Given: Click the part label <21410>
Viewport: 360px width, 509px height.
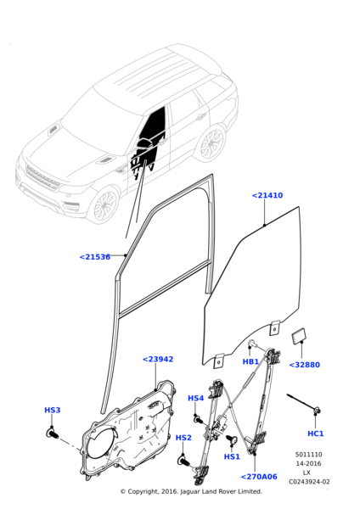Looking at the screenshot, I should tap(267, 195).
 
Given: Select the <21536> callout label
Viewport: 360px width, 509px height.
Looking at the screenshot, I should tap(95, 257).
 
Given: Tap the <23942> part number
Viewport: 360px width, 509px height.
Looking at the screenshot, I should tap(158, 359).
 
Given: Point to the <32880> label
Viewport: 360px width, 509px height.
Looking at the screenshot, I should tap(304, 365).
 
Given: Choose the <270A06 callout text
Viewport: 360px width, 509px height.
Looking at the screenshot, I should tap(258, 477).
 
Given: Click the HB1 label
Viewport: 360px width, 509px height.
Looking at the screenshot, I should tap(250, 361).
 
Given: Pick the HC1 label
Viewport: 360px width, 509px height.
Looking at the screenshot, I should tap(316, 433).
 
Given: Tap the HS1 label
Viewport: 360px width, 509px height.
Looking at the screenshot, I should tap(232, 456).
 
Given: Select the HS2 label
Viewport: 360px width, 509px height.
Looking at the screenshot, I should tap(183, 438).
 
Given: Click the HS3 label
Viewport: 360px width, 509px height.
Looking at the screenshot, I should tap(53, 411).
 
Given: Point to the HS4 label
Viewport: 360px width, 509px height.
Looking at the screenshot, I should tap(196, 398).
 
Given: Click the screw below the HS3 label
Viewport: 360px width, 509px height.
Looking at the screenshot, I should tap(51, 433).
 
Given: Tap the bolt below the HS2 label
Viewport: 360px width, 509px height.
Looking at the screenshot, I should tap(183, 461).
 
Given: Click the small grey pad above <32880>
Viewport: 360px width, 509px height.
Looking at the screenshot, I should tap(299, 336).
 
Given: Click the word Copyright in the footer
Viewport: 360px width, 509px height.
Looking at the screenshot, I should tap(151, 492).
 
